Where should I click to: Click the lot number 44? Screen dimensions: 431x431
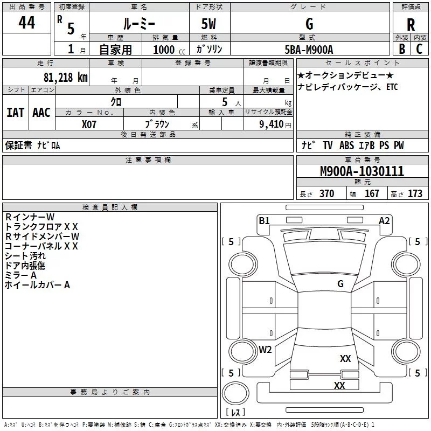point(27,23)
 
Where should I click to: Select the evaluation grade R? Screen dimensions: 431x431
point(411,25)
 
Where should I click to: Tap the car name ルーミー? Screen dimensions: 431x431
point(138,24)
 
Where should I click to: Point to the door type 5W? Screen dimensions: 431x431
point(210,24)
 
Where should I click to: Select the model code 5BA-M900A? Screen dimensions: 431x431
point(309,50)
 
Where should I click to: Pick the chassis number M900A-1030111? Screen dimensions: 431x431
point(362,171)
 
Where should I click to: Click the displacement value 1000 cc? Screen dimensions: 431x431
point(166,50)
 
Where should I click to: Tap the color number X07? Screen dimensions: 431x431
point(89,123)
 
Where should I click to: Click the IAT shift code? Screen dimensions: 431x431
point(16,112)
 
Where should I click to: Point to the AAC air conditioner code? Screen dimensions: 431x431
point(41,112)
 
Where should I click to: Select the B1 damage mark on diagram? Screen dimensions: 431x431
point(264,220)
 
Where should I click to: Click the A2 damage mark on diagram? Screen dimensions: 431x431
point(384,220)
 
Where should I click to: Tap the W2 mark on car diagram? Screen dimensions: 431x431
point(265,349)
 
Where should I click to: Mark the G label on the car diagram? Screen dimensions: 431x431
point(340,283)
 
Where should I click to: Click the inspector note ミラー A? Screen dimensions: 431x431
point(21,275)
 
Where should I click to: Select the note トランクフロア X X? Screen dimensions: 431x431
point(41,226)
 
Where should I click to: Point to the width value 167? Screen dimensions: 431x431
point(372,193)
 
